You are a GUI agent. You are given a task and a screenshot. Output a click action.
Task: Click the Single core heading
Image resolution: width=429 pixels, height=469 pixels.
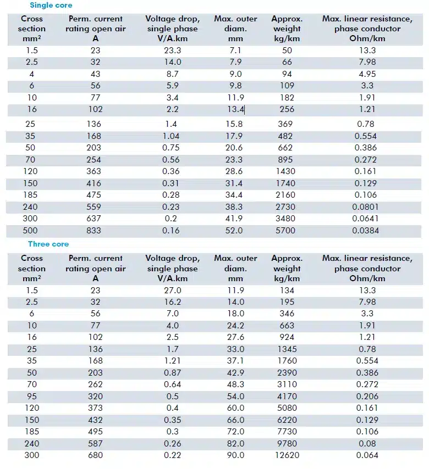pos(51,5)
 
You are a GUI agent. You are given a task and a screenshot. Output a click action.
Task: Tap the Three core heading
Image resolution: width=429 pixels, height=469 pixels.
pos(48,244)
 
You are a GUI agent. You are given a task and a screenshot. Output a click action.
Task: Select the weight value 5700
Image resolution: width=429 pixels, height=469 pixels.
pos(285,231)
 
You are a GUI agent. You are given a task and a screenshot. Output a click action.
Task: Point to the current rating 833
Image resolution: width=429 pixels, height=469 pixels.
pos(94,231)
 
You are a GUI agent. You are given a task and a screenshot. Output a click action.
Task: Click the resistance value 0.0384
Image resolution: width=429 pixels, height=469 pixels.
pos(366,231)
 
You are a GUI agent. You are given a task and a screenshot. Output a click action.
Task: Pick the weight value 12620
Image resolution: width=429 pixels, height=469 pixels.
pos(287,455)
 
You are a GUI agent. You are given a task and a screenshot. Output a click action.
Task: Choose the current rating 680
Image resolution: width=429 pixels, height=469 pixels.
pos(96,455)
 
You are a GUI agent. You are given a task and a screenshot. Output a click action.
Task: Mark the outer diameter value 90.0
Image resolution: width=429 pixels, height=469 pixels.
pos(235,455)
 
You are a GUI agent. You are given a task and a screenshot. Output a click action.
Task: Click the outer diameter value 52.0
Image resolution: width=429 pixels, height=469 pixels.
pos(234,231)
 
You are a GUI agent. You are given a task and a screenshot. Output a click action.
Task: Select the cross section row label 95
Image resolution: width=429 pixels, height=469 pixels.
pos(32,397)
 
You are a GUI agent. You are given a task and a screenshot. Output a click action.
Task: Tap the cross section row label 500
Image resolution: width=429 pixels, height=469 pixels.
pos(30,231)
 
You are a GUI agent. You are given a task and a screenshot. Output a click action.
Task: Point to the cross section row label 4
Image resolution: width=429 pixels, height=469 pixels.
pos(32,74)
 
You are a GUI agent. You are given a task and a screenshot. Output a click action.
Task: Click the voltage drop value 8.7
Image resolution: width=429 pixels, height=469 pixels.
pos(173,74)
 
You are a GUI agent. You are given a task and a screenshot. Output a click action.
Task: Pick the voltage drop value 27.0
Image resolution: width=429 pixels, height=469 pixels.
pos(173,291)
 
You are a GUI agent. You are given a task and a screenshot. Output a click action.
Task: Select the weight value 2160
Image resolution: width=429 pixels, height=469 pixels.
pos(285,195)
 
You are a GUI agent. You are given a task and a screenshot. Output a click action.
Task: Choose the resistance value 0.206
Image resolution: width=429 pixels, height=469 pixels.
pos(367,397)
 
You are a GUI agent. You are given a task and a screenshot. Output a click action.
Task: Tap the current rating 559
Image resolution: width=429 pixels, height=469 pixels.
pos(94,207)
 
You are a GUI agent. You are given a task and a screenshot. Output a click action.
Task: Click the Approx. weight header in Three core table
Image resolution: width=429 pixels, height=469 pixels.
pos(287,269)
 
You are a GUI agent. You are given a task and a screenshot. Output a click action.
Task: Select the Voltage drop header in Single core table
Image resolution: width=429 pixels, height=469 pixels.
pos(173,29)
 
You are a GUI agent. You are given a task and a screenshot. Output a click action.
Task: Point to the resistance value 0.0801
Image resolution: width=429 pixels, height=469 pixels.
pos(366,207)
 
